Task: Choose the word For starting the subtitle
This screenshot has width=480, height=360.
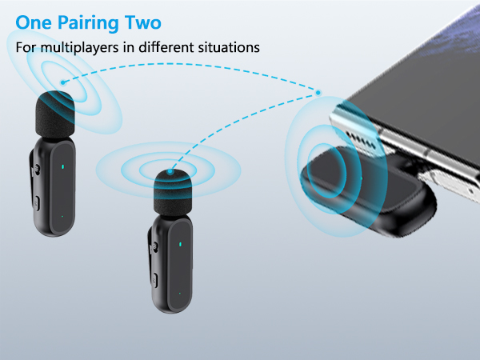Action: click(x=26, y=47)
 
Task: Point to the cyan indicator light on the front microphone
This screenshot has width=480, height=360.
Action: click(x=181, y=245)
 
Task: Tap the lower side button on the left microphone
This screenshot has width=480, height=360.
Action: click(x=35, y=200)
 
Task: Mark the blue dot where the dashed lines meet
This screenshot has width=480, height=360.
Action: click(x=318, y=93)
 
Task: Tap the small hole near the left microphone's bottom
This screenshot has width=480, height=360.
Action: click(x=62, y=215)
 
